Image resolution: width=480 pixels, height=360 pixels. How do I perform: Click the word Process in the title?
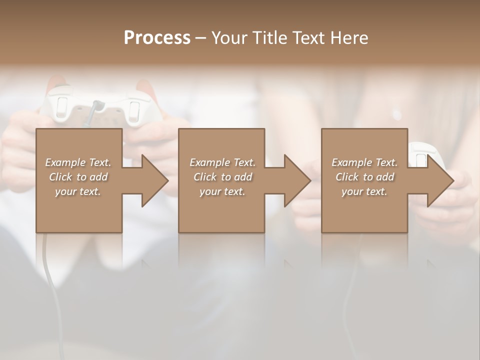click(x=157, y=38)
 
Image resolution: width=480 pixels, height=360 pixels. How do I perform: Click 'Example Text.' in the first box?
click(x=78, y=162)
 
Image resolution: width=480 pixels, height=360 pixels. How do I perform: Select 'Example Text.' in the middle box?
click(x=222, y=162)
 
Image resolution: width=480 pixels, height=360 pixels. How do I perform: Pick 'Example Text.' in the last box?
click(x=364, y=162)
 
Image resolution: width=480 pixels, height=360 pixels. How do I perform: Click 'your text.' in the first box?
click(x=78, y=191)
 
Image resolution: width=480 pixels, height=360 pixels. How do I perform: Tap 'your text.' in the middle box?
click(x=222, y=191)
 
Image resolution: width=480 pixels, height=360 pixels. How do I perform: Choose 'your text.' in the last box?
click(x=364, y=191)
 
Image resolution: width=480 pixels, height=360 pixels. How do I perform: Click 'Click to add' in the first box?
click(x=78, y=177)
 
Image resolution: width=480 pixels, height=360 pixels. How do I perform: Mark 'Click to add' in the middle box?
click(x=222, y=177)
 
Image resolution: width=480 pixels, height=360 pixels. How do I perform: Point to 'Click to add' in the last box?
click(x=364, y=177)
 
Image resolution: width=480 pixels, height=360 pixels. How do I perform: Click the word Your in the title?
click(x=229, y=38)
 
